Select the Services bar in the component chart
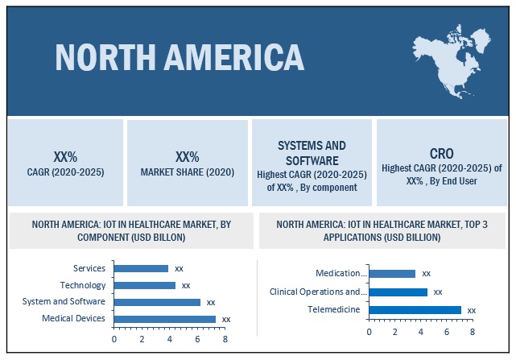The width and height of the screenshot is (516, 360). point(141,268)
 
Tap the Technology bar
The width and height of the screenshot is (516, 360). point(145,285)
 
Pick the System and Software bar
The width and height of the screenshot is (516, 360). point(157,302)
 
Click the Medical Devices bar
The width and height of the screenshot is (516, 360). point(165,319)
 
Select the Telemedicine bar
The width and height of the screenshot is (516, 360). point(415,309)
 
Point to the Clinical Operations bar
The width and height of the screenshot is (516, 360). point(398,292)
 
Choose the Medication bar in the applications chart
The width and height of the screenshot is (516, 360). point(392,274)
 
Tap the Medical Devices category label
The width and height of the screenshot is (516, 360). point(74,319)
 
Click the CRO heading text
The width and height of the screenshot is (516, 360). point(440,152)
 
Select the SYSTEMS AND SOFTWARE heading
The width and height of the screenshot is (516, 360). point(312,152)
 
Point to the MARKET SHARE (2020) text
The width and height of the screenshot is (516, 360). point(188,172)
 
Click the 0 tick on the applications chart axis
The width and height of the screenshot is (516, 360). point(369,331)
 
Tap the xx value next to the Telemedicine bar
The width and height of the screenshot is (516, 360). point(471,310)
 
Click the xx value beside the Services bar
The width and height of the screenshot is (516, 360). point(179,268)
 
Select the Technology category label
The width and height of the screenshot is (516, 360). point(83,285)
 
